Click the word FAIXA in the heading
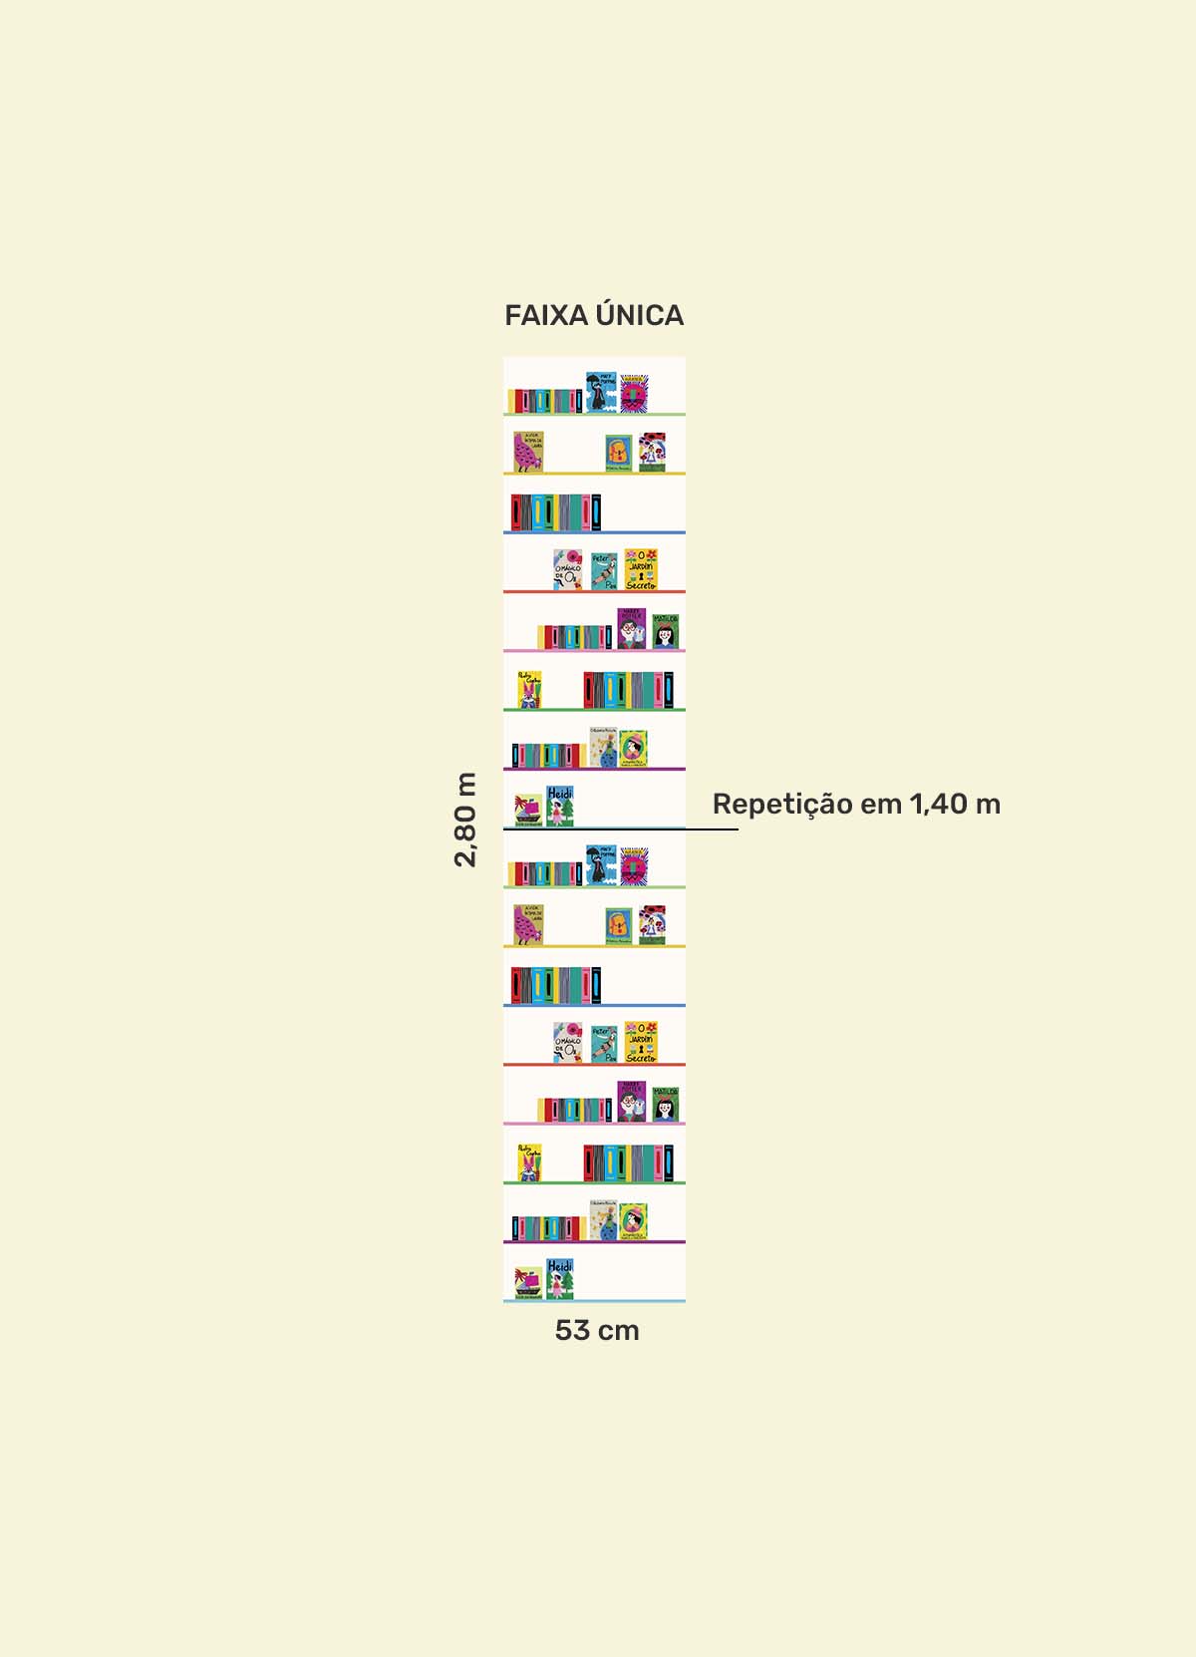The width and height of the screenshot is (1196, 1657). (546, 315)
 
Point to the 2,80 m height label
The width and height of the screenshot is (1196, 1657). (465, 819)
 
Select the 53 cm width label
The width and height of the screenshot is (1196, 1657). (597, 1330)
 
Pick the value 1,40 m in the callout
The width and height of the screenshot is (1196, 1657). (955, 804)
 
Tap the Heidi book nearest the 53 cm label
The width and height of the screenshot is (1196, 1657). (560, 1279)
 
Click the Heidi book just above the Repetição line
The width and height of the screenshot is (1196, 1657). (560, 807)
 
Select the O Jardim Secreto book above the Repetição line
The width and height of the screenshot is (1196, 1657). (641, 569)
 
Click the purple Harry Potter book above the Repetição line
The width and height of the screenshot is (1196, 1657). (631, 629)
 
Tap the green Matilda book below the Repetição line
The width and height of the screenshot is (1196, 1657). (666, 1105)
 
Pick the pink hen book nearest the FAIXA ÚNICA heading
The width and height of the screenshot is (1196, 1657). (528, 452)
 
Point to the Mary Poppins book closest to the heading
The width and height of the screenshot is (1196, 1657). (600, 392)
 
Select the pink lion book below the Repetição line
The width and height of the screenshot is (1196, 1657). (634, 866)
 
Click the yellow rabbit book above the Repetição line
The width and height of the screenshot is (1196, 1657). (529, 689)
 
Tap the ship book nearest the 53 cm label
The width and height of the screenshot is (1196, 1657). (528, 1283)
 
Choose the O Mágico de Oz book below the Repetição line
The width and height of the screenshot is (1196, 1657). (568, 1043)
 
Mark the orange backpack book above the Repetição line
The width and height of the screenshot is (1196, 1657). (619, 454)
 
